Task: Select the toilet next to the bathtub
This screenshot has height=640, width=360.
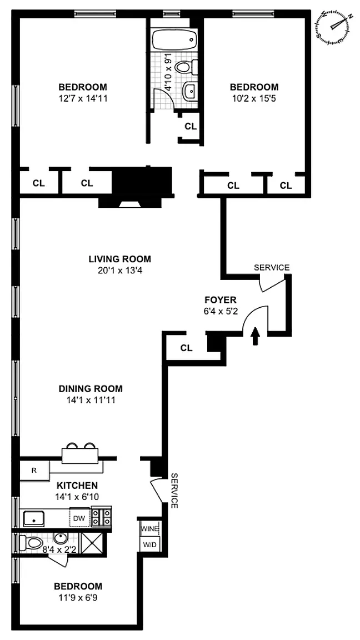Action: click(186, 66)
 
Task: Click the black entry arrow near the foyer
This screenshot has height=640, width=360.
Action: click(256, 336)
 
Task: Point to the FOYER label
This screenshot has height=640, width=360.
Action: click(221, 300)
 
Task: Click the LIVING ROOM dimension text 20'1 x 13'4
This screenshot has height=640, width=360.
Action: click(120, 270)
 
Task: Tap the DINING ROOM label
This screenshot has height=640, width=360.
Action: click(91, 389)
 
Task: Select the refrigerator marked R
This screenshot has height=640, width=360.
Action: click(34, 470)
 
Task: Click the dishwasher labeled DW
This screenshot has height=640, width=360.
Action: click(79, 518)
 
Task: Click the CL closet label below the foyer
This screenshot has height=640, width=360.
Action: click(187, 348)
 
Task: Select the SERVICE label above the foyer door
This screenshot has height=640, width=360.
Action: click(272, 268)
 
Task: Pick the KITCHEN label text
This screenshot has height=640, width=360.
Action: click(77, 486)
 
